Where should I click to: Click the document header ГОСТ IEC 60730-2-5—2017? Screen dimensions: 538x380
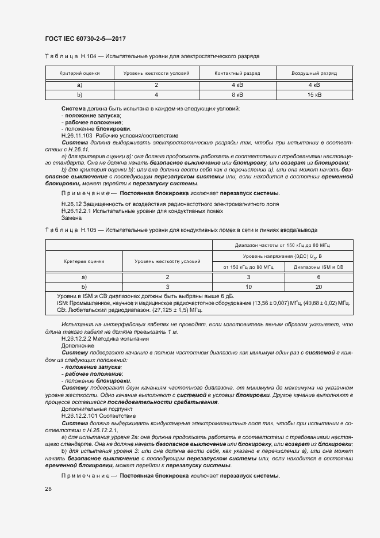pos(85,39)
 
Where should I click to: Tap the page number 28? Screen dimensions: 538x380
pos(48,489)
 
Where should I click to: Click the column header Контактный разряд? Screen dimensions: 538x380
pos(237,74)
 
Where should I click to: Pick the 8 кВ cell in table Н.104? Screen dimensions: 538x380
pos(237,94)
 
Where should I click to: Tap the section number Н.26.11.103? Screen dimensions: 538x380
pos(78,136)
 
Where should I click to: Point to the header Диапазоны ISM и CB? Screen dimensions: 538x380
pos(318,267)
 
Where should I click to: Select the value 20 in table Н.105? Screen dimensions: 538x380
pos(318,286)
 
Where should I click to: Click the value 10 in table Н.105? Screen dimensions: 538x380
pos(249,286)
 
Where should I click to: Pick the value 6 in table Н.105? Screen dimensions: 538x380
pos(318,277)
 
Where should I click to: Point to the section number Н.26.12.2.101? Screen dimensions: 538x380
pos(80,415)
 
